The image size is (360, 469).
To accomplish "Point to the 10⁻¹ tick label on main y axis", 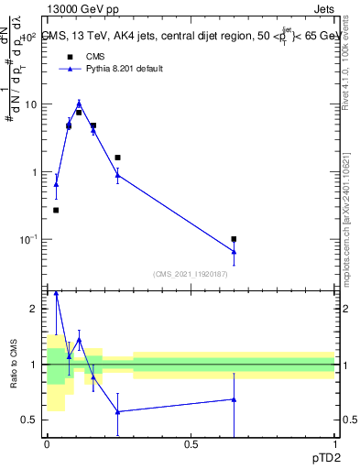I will (27, 239).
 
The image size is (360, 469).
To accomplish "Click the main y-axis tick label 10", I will (29, 104).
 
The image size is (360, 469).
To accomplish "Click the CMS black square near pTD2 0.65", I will (235, 239).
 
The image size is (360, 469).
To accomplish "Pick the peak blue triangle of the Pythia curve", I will (79, 103).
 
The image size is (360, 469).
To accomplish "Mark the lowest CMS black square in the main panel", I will (56, 210).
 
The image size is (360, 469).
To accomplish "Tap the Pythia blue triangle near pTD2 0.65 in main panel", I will (235, 251).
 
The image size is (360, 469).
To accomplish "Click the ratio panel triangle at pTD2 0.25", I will (118, 411).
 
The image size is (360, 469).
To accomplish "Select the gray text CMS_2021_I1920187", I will (191, 274).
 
